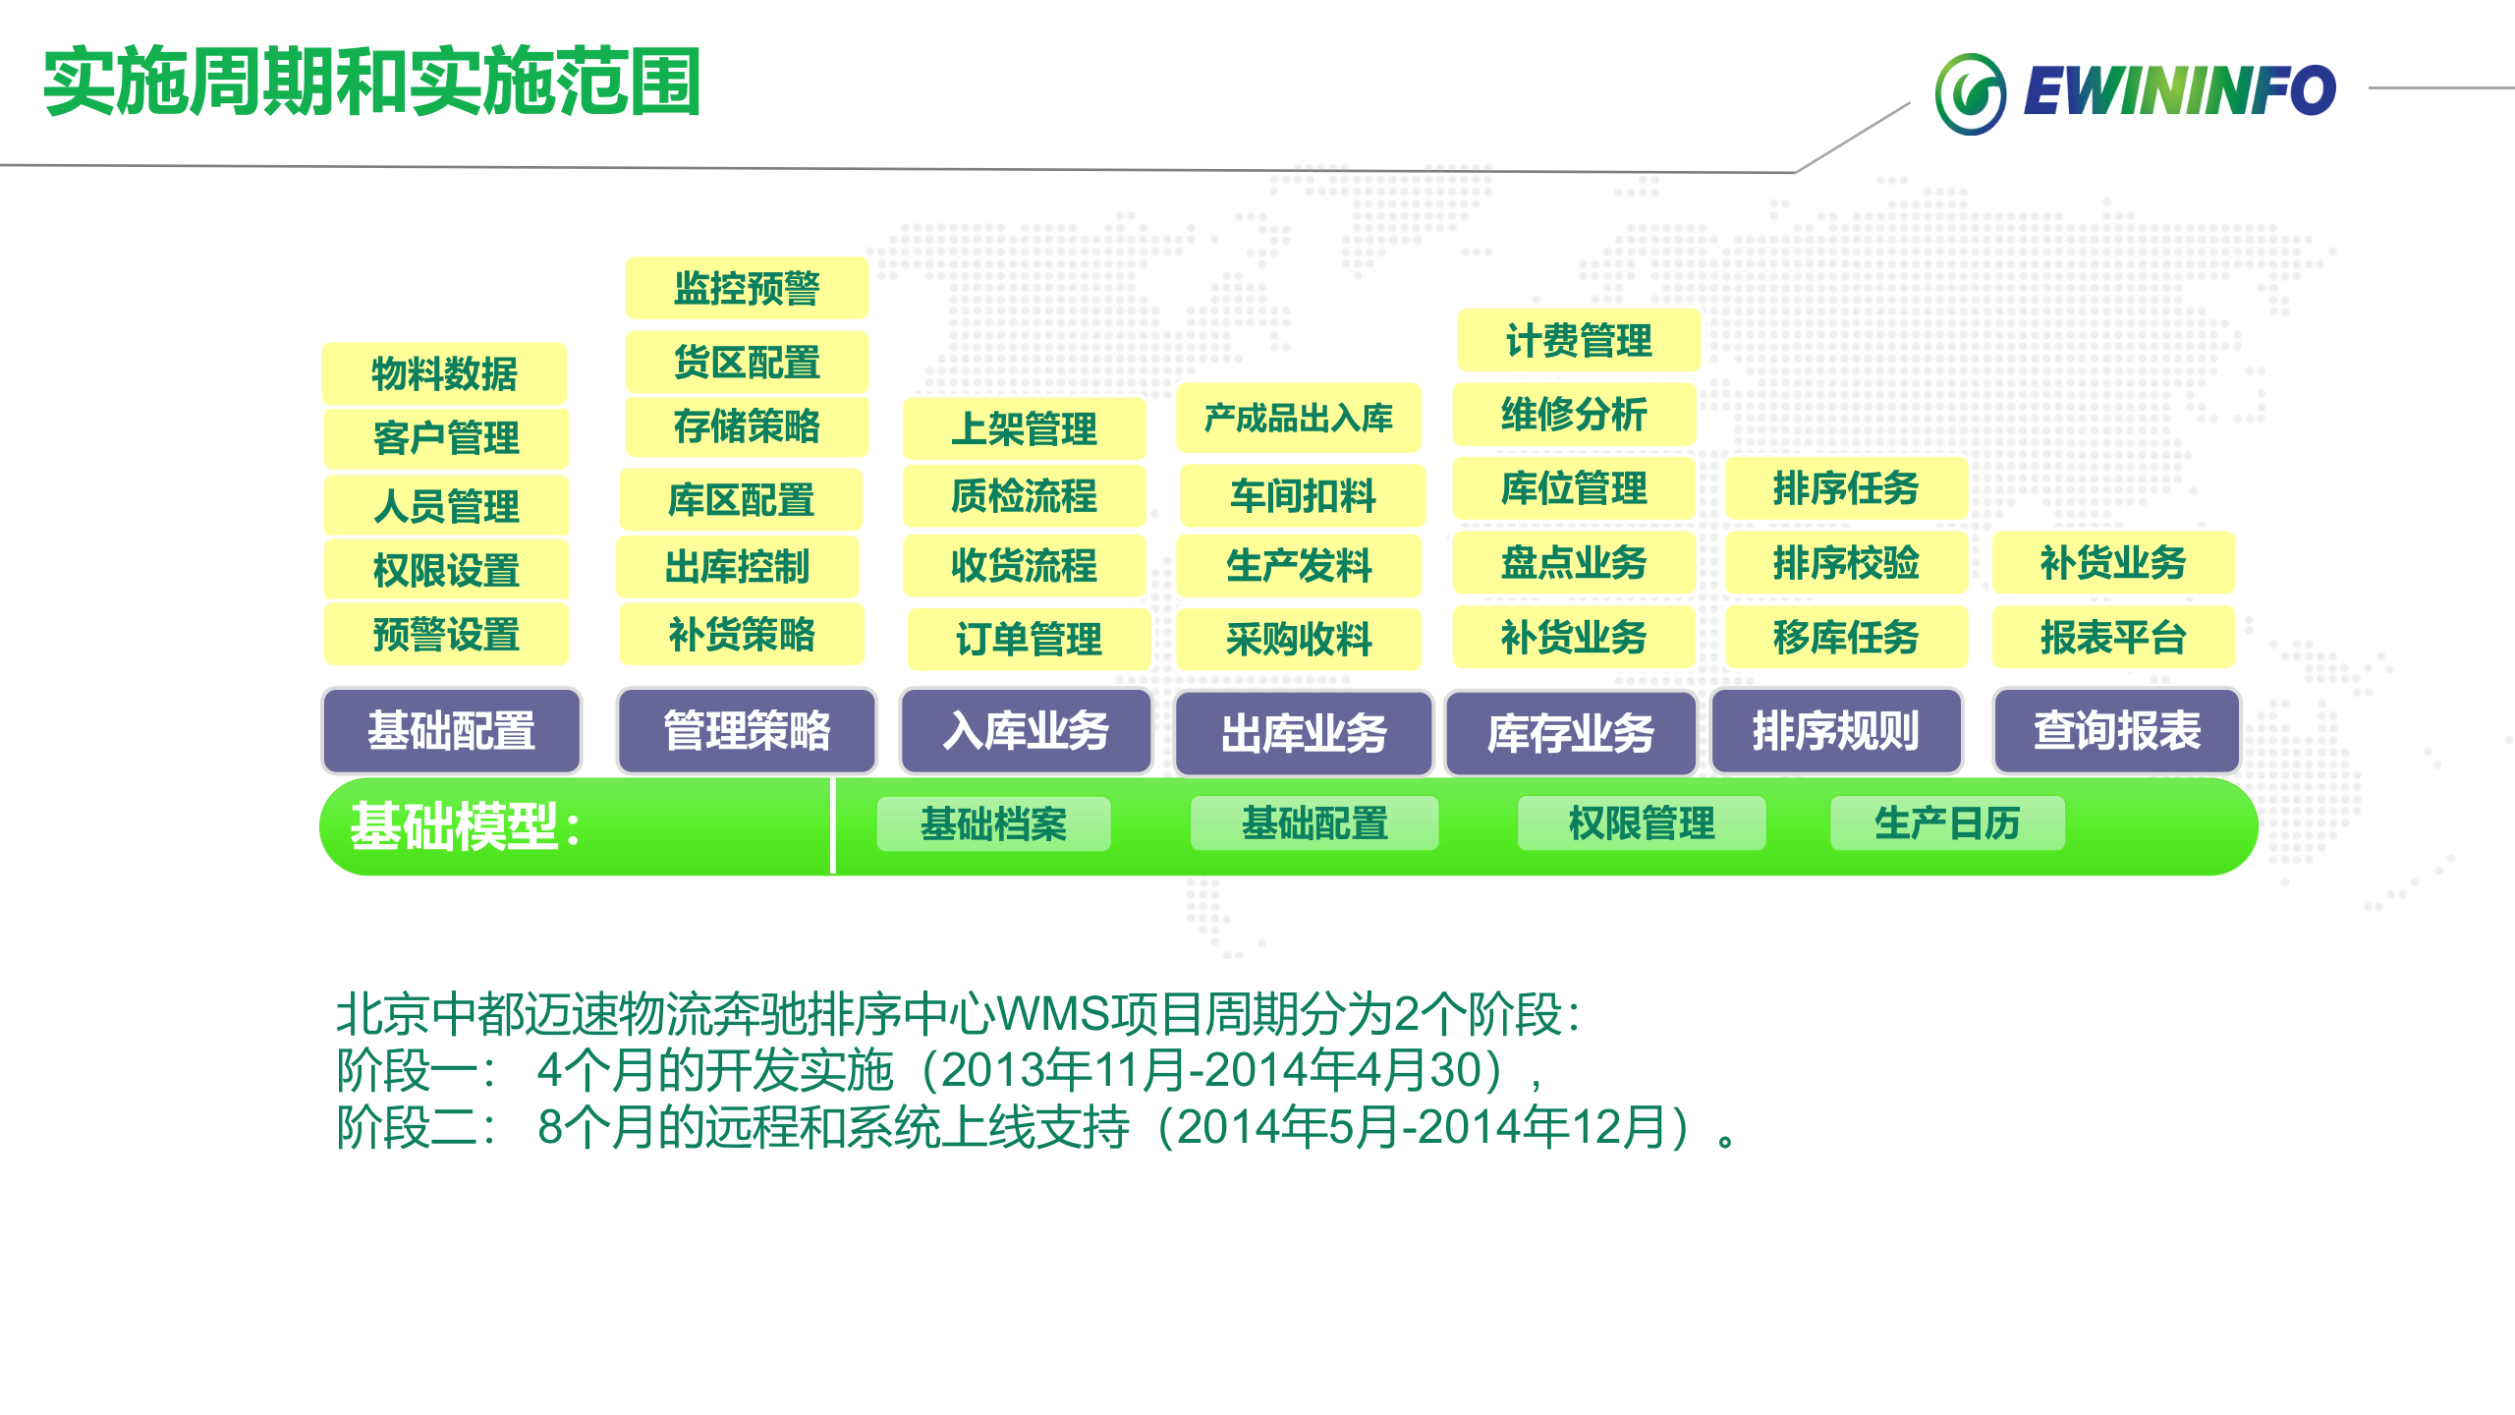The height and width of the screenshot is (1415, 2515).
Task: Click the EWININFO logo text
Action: (x=2179, y=91)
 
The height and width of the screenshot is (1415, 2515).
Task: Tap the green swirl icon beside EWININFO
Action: (x=1970, y=94)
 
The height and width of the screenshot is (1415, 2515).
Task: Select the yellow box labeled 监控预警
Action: (x=747, y=289)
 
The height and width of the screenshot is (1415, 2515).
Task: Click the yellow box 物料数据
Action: (x=444, y=373)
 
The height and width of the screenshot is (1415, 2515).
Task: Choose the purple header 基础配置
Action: (x=451, y=731)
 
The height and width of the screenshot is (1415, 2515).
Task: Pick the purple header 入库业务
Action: (x=1026, y=731)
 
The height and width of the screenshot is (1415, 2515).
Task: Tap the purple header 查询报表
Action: (x=2116, y=731)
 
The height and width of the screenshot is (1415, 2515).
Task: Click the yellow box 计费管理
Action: (x=1578, y=341)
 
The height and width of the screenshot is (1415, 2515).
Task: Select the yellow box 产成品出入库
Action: (x=1299, y=419)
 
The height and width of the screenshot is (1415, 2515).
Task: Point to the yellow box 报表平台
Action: (x=2112, y=638)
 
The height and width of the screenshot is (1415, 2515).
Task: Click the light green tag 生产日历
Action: (x=1946, y=823)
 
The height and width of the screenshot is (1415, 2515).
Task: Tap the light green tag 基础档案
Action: (x=993, y=823)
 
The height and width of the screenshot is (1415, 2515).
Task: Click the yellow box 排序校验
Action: (x=1845, y=563)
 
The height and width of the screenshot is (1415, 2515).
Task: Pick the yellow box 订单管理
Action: (x=1028, y=640)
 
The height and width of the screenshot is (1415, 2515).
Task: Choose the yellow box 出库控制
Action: (x=737, y=567)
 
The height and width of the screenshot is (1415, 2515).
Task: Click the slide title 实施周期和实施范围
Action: (x=371, y=83)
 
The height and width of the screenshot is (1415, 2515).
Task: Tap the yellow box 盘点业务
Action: (x=1573, y=563)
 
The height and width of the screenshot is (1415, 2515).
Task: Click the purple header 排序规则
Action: (x=1835, y=731)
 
